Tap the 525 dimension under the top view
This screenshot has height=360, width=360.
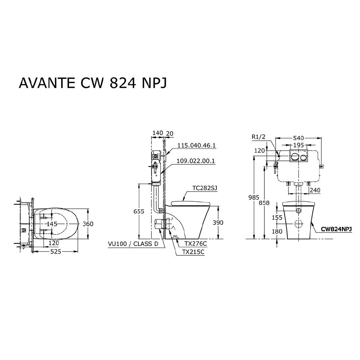tap(55, 252)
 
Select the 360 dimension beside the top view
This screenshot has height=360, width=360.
tap(88, 224)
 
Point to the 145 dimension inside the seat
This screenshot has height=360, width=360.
tap(52, 223)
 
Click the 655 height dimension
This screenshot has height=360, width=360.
tap(139, 211)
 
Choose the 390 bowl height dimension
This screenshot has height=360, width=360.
tap(218, 222)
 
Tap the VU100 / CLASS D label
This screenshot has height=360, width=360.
tap(133, 244)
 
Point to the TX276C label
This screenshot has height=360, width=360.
tap(193, 243)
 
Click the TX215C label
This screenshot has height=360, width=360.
tap(193, 252)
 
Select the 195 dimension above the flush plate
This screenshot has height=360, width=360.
tap(299, 145)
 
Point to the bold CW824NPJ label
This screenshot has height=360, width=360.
tap(336, 229)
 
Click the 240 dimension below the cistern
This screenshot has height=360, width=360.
tap(315, 190)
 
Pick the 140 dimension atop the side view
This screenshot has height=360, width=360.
tap(158, 133)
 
